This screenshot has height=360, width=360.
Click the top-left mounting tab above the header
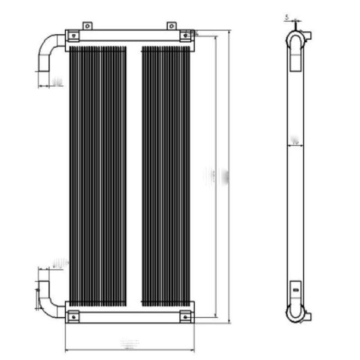(87, 26)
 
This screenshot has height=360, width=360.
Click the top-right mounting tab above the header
(171, 26)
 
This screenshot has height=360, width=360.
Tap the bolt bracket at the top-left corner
(73, 35)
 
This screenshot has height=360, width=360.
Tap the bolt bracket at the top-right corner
(185, 35)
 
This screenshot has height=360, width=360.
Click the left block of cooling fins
(98, 175)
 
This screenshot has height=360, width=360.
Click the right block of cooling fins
(166, 175)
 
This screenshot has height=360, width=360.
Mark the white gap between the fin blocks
(134, 175)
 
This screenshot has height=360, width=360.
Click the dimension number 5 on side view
(287, 18)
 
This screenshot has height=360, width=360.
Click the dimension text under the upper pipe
(58, 82)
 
